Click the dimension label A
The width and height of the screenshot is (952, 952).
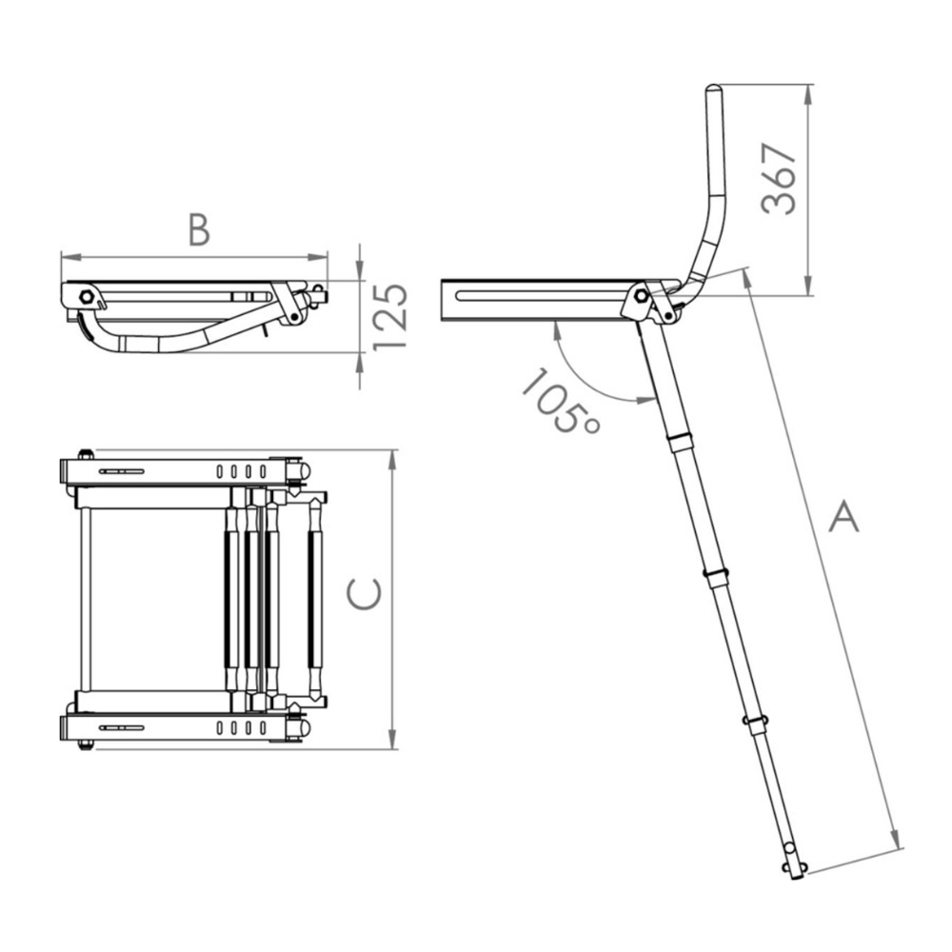(x=843, y=518)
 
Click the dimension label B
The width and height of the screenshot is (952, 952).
(x=198, y=228)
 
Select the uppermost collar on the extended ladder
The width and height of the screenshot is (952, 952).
(x=679, y=443)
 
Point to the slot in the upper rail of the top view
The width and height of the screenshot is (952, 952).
(x=121, y=471)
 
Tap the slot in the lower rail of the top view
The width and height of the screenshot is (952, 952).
(x=121, y=727)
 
